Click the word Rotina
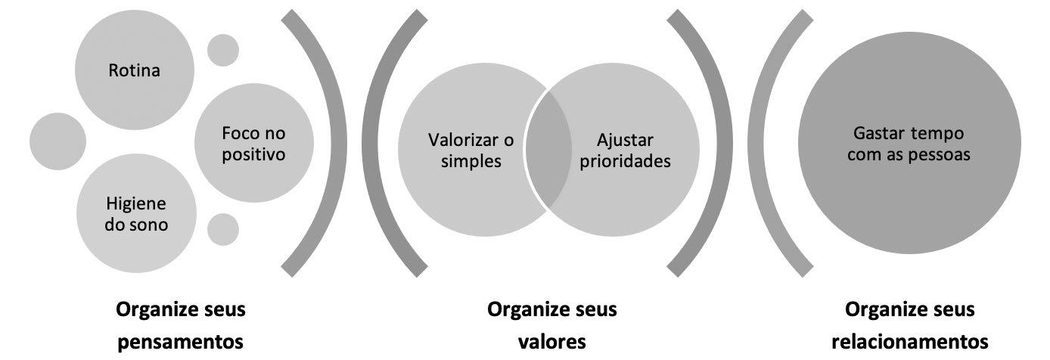pyautogui.click(x=135, y=71)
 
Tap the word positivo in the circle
pyautogui.click(x=253, y=156)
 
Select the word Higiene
pyautogui.click(x=136, y=204)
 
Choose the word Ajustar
pyautogui.click(x=625, y=140)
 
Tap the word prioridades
pyautogui.click(x=625, y=161)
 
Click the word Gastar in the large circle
pyautogui.click(x=874, y=133)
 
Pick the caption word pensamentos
pyautogui.click(x=181, y=341)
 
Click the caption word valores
pyautogui.click(x=551, y=341)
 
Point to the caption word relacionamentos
pyautogui.click(x=909, y=341)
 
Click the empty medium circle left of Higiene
pyautogui.click(x=57, y=141)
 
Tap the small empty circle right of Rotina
pyautogui.click(x=223, y=51)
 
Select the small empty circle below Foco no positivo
pyautogui.click(x=223, y=229)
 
